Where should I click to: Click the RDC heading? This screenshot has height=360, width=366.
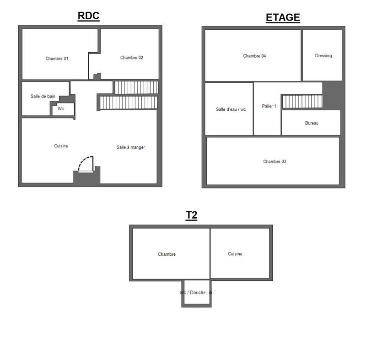point(88,16)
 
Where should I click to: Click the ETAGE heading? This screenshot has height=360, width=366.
point(283,18)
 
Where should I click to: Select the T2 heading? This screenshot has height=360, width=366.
point(191,215)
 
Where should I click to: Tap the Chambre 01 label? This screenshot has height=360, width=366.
point(57,59)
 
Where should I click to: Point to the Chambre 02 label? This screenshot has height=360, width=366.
point(132,58)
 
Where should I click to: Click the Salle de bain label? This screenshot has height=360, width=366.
point(43,96)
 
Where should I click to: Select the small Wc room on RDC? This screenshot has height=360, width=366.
point(61,109)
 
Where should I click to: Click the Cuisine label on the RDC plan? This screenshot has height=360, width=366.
point(61,146)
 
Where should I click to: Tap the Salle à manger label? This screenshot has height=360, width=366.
point(130,147)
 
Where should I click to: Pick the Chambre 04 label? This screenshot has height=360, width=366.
point(254,56)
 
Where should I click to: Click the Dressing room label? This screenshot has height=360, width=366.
point(323,56)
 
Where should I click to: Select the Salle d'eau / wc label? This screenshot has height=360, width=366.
point(231,109)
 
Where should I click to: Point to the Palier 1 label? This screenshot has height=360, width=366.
point(269,106)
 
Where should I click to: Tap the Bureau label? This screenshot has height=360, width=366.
point(312,123)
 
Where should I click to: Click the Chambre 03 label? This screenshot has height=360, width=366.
point(274,161)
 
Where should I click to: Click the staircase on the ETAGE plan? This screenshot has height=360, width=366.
point(302,102)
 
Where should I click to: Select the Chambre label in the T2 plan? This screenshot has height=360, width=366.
point(167,254)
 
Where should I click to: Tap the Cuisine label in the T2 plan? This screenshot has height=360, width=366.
point(235,254)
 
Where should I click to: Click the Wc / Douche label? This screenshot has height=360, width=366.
point(193,293)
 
